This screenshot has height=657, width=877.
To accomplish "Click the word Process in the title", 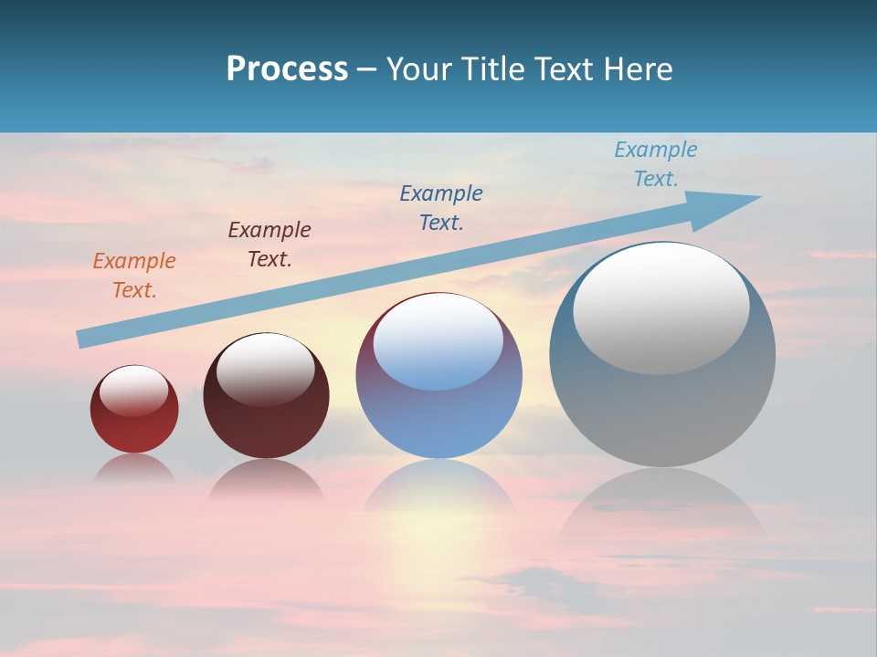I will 287,68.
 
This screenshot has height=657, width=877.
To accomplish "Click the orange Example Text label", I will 133,275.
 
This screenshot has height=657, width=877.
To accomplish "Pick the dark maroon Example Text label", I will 269,244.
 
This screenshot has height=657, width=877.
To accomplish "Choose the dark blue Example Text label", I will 441,207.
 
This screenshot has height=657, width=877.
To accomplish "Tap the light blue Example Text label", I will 655,163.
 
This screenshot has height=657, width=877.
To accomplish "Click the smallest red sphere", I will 134,429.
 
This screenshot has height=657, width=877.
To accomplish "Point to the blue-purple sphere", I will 438,420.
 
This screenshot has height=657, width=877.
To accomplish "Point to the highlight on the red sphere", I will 133,391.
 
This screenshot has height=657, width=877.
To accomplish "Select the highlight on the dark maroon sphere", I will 265,370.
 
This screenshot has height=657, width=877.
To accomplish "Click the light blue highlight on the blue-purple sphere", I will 438,342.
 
